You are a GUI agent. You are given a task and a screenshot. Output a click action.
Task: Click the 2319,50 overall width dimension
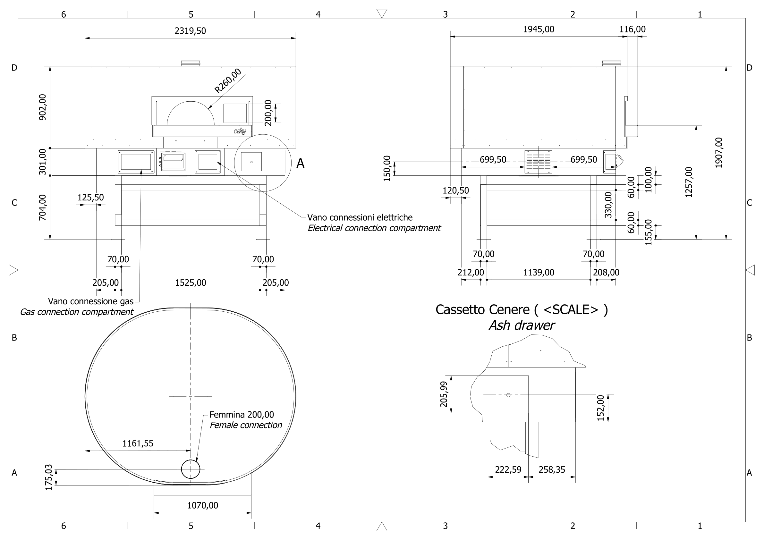[x=190, y=31]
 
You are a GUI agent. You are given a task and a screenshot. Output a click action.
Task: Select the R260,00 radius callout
[x=228, y=81]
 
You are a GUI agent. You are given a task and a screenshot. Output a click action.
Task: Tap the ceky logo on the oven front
[x=240, y=131]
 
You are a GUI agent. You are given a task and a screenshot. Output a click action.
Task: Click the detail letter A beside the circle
[x=300, y=163]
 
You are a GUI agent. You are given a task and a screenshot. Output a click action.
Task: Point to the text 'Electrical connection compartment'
[x=374, y=228]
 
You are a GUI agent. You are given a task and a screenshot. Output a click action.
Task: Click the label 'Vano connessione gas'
[x=90, y=301]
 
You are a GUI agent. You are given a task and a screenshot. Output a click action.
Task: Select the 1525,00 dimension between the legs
[x=190, y=283]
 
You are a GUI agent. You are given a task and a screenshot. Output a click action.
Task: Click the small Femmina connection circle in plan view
[x=190, y=469]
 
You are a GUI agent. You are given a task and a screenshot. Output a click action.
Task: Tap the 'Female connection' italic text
[x=246, y=425]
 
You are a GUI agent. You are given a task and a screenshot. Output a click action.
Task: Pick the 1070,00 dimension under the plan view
[x=202, y=505]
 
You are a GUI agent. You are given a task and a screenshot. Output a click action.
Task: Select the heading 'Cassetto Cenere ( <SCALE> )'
[x=522, y=310]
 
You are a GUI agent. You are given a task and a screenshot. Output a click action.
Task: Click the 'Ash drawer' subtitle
[x=522, y=325]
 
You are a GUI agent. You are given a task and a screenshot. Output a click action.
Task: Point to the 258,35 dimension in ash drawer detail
[x=552, y=470]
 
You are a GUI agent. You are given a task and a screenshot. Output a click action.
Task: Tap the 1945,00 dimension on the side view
[x=539, y=29]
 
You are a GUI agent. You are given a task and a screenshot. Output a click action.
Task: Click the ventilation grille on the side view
[x=538, y=162]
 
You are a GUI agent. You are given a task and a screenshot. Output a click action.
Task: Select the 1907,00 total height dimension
[x=719, y=152]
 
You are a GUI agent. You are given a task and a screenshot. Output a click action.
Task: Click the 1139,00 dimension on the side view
[x=539, y=273]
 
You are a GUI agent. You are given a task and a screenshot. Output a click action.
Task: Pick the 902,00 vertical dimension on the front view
[x=43, y=107]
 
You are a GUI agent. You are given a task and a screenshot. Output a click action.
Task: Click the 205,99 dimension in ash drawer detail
[x=444, y=394]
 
